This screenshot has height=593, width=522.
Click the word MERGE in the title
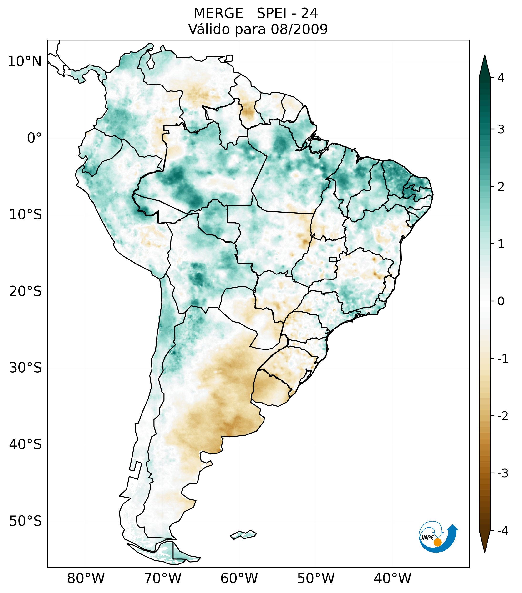(x=218, y=13)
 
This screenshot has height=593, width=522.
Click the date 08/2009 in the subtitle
(x=299, y=29)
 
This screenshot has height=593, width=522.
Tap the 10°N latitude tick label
(x=25, y=61)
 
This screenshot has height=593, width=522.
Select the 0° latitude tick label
(x=34, y=138)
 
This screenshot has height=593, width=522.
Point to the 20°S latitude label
(x=25, y=291)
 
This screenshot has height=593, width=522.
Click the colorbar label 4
(x=501, y=78)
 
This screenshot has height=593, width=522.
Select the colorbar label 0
(x=501, y=301)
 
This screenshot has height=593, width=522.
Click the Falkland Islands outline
(x=243, y=534)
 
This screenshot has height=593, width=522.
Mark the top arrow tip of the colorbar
(x=485, y=56)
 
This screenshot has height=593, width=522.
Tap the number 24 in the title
(x=309, y=13)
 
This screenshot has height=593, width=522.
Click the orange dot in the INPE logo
(x=437, y=542)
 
